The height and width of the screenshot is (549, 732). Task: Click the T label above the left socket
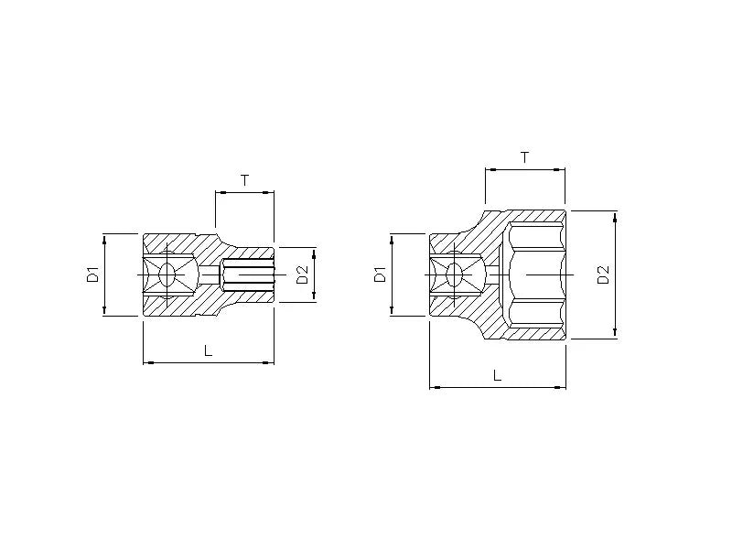point(244,180)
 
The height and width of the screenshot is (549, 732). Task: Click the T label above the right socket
point(524,157)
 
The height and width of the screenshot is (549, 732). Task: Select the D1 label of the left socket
point(92,274)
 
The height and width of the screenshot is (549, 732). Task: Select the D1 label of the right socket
point(381,274)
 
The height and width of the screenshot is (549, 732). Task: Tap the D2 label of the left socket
point(302,274)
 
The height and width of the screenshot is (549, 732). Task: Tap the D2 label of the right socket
point(603,274)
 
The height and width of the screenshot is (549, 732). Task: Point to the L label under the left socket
point(208,350)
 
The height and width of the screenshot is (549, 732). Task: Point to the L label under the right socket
point(497,374)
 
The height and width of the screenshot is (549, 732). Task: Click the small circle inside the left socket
point(168,274)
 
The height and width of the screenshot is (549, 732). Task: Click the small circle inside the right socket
point(456,274)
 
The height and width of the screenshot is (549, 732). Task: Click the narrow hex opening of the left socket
point(247,274)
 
